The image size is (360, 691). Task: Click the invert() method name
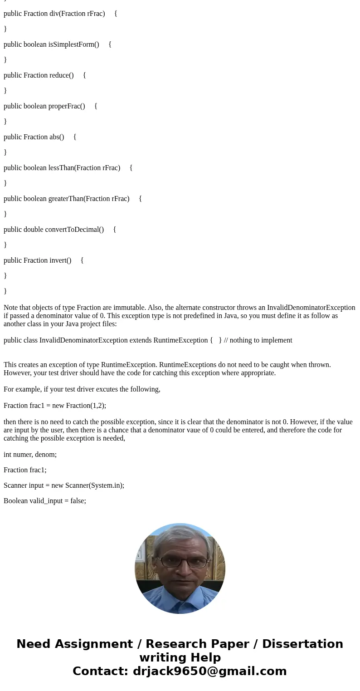(61, 260)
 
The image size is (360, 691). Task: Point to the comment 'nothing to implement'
(261, 340)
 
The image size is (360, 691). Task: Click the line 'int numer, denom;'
(30, 454)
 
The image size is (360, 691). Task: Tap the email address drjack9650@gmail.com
(209, 671)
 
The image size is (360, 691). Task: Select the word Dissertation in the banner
(302, 644)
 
